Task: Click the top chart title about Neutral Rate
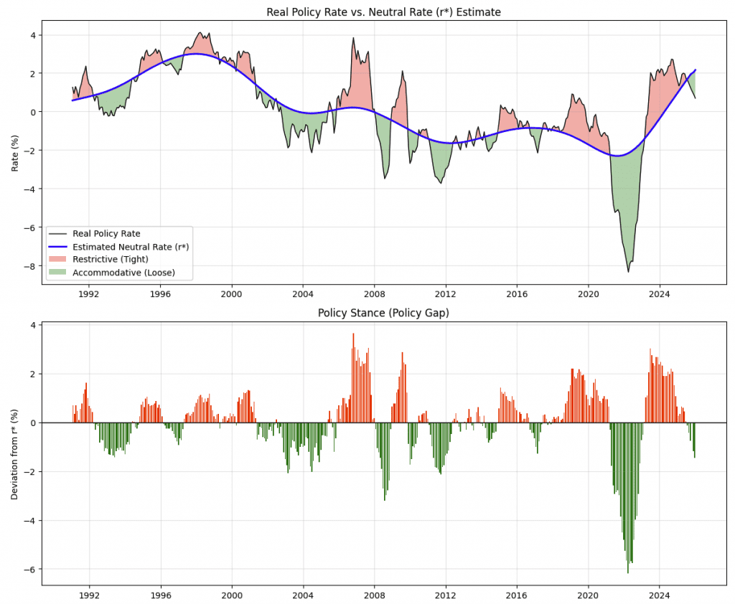[x=383, y=11]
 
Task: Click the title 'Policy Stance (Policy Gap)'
[x=383, y=313]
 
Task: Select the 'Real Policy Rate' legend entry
[x=106, y=233]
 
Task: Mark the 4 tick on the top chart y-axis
[x=33, y=34]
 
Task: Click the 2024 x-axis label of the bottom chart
[x=660, y=595]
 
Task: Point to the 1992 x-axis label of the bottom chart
[x=89, y=595]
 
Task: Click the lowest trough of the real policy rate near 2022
[x=628, y=271]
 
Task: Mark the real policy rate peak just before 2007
[x=353, y=38]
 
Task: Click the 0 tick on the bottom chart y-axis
[x=33, y=423]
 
